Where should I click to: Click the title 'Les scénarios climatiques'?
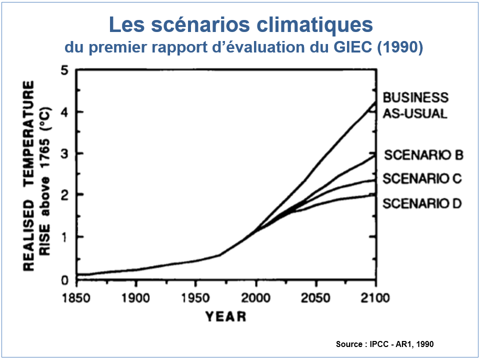click(240, 25)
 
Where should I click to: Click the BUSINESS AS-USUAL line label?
click(415, 105)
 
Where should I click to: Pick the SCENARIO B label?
click(423, 155)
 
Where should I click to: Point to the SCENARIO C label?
click(422, 178)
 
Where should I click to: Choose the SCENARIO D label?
click(422, 203)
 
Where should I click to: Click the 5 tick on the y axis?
click(64, 70)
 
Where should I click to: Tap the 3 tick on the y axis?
click(64, 153)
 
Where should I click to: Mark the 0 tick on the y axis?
click(64, 279)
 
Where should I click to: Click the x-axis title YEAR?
click(226, 316)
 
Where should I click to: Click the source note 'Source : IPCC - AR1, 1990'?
click(385, 344)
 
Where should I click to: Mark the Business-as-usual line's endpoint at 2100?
click(375, 102)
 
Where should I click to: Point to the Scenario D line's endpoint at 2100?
click(375, 194)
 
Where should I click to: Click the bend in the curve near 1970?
click(219, 255)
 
